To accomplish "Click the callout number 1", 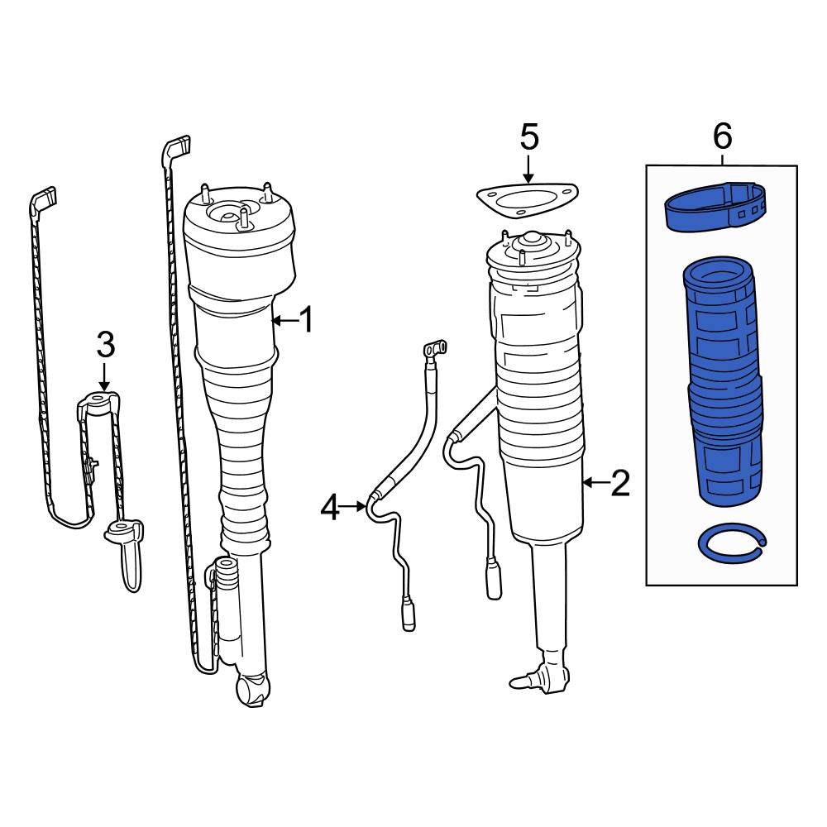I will point(306,319).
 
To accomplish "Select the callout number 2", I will point(620,483).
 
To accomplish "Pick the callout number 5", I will point(529,137).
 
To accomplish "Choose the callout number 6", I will point(722,136).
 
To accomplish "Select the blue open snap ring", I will point(733,544).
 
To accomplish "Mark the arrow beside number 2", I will point(595,483).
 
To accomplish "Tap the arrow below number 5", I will point(528,170).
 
